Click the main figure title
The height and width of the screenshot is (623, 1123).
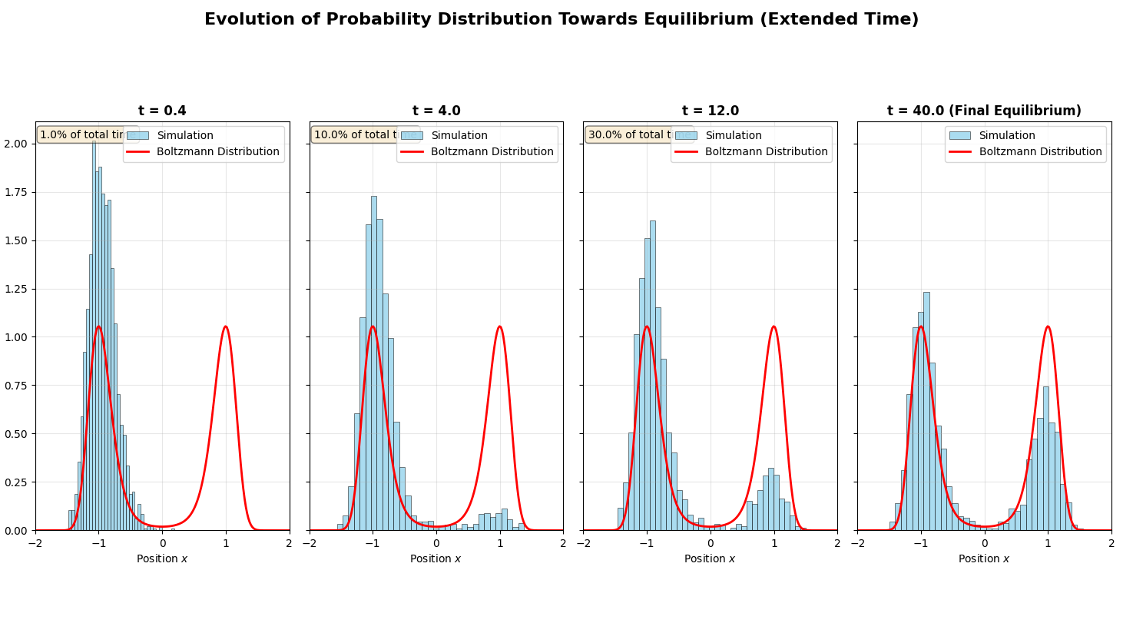[561, 20]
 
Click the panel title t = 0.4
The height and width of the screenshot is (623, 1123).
[162, 111]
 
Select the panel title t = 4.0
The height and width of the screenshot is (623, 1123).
[436, 111]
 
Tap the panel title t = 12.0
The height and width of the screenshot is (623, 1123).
[710, 111]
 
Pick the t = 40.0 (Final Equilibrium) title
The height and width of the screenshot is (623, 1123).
[984, 111]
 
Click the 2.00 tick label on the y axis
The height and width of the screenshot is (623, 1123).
[17, 144]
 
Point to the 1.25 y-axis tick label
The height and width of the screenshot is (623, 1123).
[17, 289]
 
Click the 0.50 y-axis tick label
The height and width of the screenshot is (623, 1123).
[17, 434]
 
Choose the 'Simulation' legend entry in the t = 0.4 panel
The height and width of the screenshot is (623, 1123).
[185, 135]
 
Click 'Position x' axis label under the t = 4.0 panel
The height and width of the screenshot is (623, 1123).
[436, 558]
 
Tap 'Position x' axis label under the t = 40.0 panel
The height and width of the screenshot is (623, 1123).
[984, 558]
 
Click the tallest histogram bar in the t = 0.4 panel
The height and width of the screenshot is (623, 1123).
[94, 338]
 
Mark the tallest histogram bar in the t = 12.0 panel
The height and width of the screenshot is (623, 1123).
[653, 376]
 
